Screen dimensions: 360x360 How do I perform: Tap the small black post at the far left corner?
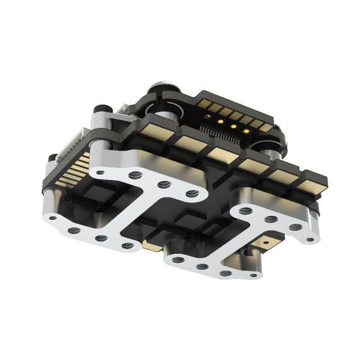point(53,159)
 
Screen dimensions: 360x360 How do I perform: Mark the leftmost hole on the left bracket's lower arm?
point(54,218)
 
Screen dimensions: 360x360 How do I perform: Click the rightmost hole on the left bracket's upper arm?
point(193,193)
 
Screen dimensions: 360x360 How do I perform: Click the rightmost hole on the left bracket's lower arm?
point(127,245)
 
